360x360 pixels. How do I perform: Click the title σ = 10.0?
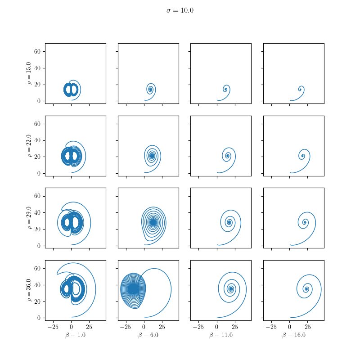point(180,10)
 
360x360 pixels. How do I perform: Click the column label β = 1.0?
point(75,335)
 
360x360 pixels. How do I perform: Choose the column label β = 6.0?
point(148,335)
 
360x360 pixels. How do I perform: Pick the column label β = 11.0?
point(220,335)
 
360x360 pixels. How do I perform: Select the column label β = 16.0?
point(293,335)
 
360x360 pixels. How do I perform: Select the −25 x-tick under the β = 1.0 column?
point(53,326)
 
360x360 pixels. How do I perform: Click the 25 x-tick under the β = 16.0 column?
point(308,326)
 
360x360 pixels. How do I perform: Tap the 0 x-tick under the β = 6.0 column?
point(144,326)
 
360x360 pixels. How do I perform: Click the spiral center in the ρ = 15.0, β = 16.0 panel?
point(301,89)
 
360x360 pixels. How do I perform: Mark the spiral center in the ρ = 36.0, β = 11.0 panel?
point(231,289)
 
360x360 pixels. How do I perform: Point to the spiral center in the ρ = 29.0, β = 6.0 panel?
point(153,222)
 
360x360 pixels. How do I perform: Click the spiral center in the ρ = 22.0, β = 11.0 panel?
point(228,156)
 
